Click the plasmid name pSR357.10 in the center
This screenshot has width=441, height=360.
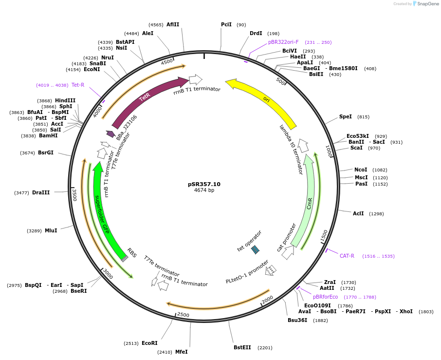click(204, 184)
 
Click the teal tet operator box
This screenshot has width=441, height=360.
click(256, 249)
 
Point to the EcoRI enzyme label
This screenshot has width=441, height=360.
click(149, 343)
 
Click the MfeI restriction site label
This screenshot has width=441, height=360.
click(181, 352)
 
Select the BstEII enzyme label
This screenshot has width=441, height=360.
click(242, 347)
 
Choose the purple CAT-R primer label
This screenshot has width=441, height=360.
click(347, 256)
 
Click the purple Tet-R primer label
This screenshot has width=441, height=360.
click(78, 85)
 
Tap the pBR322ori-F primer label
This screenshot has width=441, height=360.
click(283, 42)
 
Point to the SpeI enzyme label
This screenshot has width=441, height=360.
click(345, 117)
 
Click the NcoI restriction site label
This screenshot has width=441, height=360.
click(360, 170)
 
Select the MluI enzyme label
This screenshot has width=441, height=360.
click(51, 230)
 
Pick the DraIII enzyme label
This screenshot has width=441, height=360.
click(40, 193)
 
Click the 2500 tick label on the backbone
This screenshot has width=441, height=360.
click(183, 315)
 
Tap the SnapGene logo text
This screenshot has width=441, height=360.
click(428, 4)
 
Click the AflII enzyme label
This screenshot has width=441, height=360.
click(173, 24)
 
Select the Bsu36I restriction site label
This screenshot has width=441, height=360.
click(297, 320)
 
